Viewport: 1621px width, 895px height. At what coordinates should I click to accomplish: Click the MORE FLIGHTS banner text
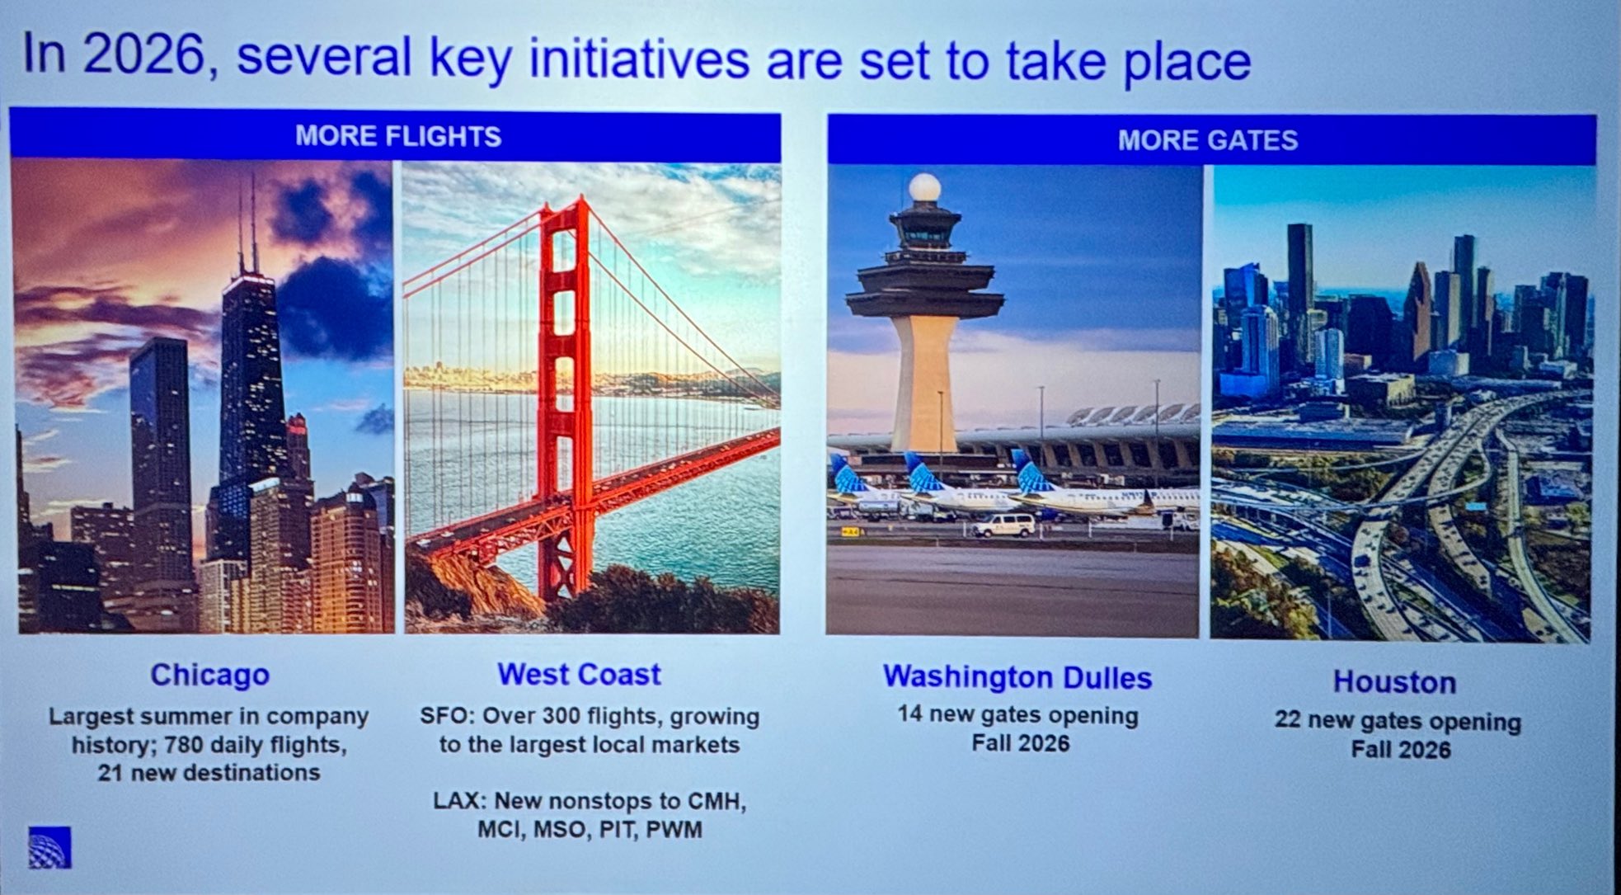point(398,136)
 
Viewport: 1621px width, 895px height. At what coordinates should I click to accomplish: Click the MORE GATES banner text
point(1208,140)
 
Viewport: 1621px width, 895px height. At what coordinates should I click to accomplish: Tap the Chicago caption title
point(209,675)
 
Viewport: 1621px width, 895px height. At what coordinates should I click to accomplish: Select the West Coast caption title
point(579,674)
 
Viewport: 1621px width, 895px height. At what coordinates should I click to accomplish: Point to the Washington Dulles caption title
point(1017,677)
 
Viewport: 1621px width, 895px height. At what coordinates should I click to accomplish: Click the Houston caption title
point(1395,682)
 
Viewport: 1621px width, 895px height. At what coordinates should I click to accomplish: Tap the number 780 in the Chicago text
point(184,745)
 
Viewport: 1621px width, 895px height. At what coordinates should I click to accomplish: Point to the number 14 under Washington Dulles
point(910,714)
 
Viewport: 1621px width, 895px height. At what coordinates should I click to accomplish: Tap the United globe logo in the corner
point(49,847)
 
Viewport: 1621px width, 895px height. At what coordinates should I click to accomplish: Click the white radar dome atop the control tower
point(924,188)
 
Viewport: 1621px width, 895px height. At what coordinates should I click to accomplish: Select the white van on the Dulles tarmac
point(1003,525)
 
